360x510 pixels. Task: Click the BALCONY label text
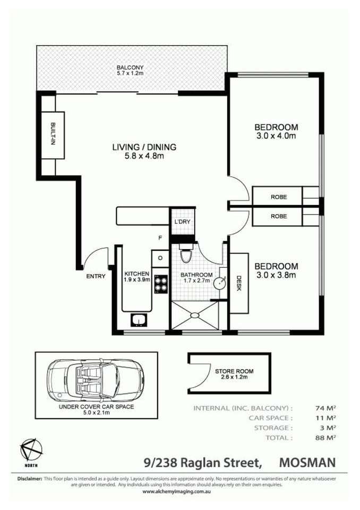pos(130,67)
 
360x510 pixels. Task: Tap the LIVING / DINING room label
pos(143,147)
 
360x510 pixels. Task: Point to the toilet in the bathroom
pos(185,256)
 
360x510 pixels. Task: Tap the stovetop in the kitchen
pos(160,286)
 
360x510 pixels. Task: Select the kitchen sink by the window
pos(140,320)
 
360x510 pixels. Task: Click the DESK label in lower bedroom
pos(239,282)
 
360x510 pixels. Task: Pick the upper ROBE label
pos(278,197)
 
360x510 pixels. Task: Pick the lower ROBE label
pos(278,216)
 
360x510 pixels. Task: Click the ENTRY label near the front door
pos(96,276)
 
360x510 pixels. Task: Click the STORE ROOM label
pos(234,371)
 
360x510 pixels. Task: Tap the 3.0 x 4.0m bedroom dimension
pos(276,136)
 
